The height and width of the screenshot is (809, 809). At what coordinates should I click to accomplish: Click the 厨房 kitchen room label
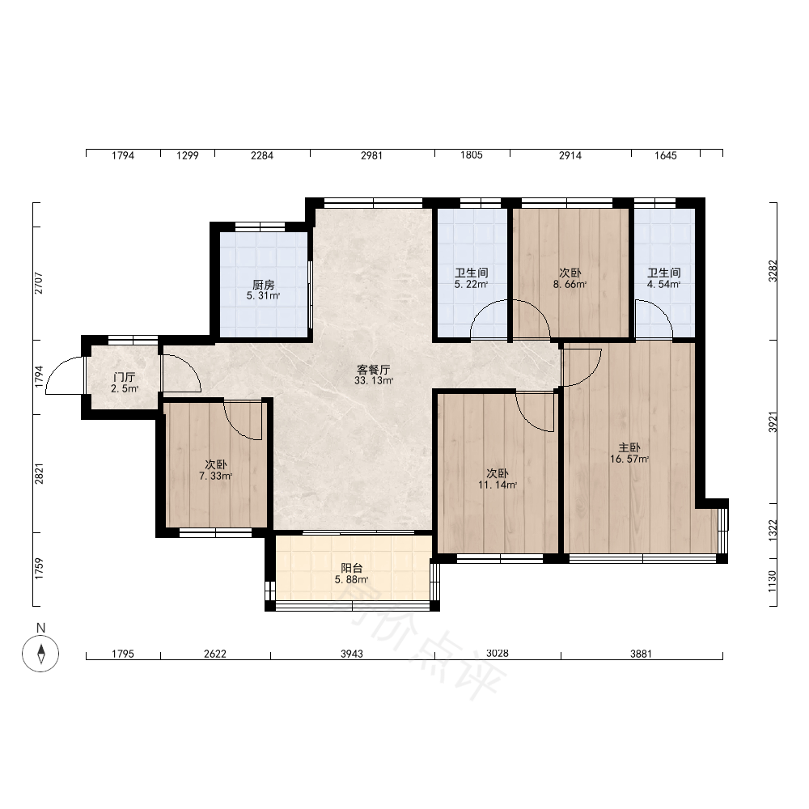[x=263, y=284]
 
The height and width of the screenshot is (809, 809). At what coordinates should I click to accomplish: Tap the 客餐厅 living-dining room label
[x=374, y=370]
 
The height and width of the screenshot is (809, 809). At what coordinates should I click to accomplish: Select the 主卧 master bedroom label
[x=629, y=447]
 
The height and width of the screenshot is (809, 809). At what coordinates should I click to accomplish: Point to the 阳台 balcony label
[x=351, y=568]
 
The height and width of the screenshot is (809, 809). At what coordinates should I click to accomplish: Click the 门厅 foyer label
[x=125, y=377]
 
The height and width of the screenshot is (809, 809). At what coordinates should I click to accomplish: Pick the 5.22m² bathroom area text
[x=471, y=284]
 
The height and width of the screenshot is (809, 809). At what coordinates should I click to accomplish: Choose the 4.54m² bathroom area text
[x=664, y=284]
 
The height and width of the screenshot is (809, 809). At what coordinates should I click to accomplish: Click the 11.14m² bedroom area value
[x=498, y=485]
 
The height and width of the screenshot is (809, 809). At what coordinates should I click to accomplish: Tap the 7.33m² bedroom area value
[x=216, y=476]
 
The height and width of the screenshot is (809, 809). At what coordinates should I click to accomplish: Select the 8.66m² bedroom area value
[x=570, y=284]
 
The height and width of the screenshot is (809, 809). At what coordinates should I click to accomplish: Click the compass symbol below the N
[x=40, y=654]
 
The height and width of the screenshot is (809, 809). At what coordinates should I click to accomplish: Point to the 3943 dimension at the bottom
[x=351, y=654]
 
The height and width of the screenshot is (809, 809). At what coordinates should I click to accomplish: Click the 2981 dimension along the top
[x=371, y=155]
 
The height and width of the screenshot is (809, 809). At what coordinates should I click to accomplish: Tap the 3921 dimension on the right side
[x=772, y=422]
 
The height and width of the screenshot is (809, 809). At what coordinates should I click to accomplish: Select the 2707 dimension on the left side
[x=39, y=282]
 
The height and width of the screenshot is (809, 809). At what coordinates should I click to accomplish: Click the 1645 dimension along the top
[x=666, y=155]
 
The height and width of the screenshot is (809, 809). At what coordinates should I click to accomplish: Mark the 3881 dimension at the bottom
[x=641, y=654]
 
